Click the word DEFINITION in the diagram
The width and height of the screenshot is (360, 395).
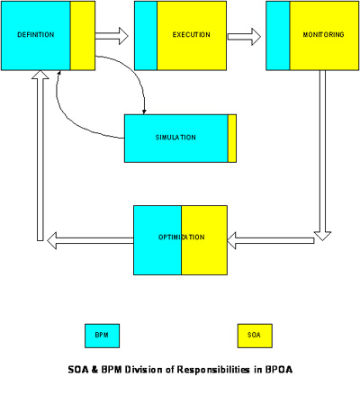[35, 35]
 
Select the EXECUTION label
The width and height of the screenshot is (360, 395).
[191, 35]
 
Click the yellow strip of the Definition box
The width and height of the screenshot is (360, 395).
[82, 35]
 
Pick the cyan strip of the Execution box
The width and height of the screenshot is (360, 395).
[145, 35]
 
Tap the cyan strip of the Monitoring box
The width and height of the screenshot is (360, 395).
[278, 35]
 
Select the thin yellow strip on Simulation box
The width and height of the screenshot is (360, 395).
[232, 139]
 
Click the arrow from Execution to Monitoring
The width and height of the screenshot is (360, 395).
[244, 37]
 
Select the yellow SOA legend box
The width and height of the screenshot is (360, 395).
[254, 335]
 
